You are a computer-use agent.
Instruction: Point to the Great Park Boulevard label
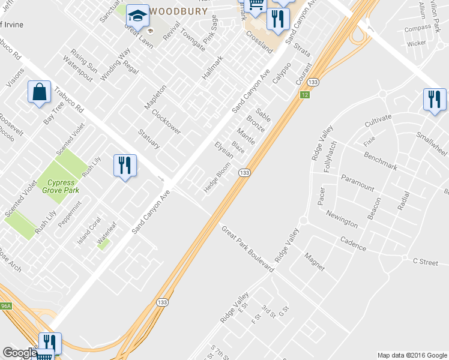coord(247,249)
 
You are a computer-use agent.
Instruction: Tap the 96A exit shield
coord(5,306)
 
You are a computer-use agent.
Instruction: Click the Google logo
coord(19,353)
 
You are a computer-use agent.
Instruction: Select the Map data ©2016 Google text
coord(412,355)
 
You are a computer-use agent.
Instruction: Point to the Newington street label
coord(342,219)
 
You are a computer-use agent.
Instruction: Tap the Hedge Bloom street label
coord(217,178)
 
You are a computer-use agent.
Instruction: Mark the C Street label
coord(426,261)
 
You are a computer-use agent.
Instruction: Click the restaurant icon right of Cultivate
coord(435,100)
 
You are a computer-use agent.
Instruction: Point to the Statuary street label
coord(149,139)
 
